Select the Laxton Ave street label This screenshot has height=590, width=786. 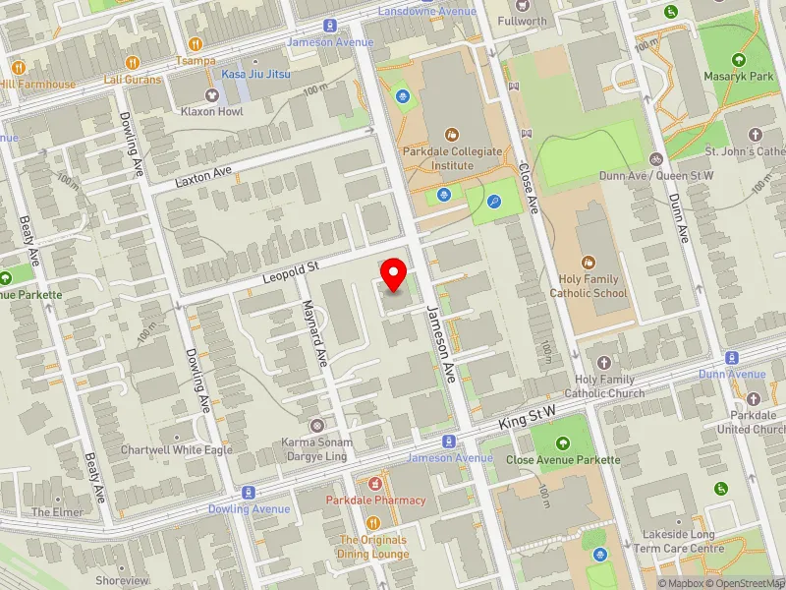point(202,175)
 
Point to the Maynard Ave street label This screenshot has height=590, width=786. point(313,334)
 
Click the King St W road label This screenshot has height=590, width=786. point(529,414)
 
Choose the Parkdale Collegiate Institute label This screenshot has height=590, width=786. point(452,158)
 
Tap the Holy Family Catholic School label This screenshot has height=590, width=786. point(589,285)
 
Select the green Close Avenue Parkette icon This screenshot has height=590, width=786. point(563,443)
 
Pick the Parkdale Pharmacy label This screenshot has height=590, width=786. point(376,501)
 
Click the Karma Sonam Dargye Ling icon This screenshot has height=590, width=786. point(317,426)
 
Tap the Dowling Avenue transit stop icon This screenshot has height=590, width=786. point(249,492)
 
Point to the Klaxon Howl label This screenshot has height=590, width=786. point(210,112)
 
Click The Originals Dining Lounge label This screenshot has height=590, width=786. point(372,547)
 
